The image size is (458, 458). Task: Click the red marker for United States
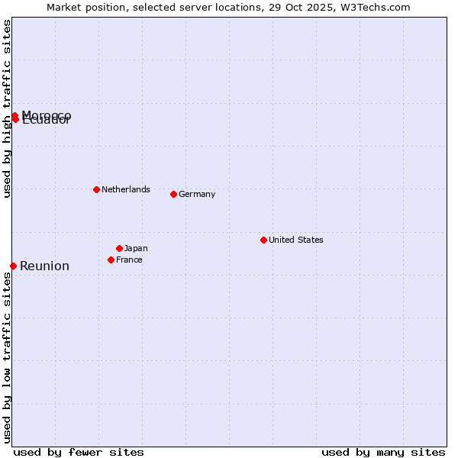coord(263,240)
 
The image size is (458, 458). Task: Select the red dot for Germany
coord(173,194)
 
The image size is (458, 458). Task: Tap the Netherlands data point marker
coord(96,189)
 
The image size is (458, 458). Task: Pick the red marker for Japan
coord(119,248)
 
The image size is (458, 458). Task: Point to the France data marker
coord(111,260)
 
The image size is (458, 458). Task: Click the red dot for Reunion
coord(13,266)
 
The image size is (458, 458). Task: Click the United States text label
coord(295,240)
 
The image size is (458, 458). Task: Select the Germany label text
coord(197,194)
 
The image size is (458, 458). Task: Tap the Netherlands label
coord(125,189)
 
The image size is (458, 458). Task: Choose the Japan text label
coord(136,248)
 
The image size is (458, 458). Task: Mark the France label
coord(129,260)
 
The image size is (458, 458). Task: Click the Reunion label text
coord(44,266)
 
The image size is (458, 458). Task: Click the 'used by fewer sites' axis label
coord(79,452)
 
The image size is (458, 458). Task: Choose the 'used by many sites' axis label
coord(383,452)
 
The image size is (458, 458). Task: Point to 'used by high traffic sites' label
coord(7,108)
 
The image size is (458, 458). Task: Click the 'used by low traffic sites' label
coord(7,357)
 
